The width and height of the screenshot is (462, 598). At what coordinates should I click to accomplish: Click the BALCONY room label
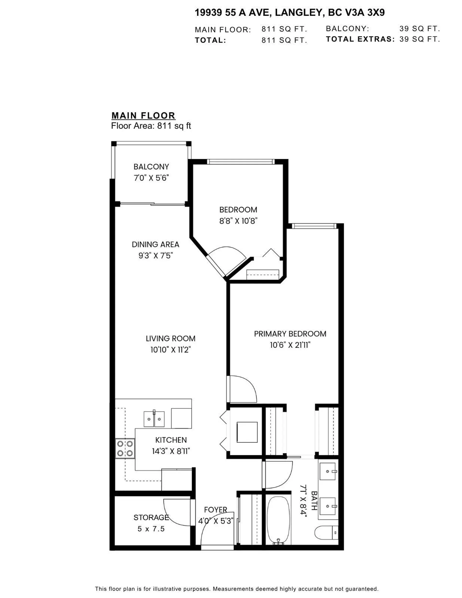151,167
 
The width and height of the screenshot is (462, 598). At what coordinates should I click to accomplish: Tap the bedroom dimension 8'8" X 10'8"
238,221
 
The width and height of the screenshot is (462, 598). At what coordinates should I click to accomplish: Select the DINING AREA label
155,244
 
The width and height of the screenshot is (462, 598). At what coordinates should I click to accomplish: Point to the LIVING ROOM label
170,338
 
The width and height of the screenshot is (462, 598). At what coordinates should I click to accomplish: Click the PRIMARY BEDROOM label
290,334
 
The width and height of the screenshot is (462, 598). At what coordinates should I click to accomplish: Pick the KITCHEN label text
171,440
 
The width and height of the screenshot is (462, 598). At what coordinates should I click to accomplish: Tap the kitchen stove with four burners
125,448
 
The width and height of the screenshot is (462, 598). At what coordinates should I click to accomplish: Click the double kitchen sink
154,419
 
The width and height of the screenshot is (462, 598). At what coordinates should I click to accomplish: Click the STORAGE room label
151,517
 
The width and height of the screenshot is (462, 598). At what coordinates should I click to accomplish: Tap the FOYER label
216,509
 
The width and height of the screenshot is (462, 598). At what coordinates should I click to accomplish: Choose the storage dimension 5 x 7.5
151,529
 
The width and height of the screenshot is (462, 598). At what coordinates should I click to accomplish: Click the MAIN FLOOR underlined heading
143,116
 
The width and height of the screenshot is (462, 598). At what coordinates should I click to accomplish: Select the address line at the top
290,13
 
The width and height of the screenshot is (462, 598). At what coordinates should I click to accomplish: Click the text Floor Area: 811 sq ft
151,126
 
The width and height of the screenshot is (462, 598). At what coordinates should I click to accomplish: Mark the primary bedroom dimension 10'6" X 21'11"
290,345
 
